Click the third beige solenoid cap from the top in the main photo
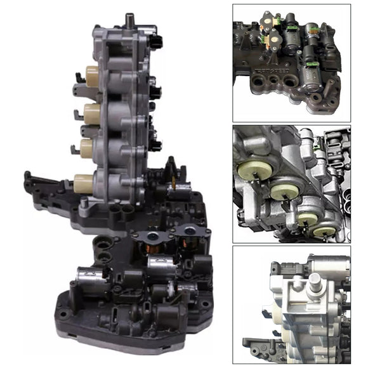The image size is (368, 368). tap(86, 148)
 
